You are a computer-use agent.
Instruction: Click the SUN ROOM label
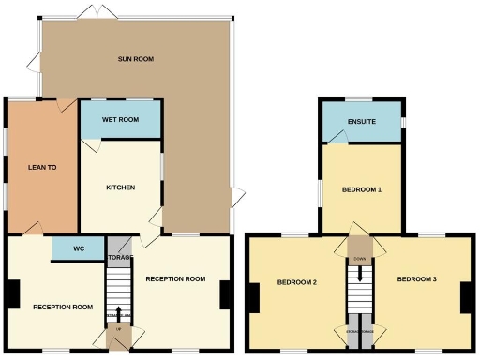[x=136, y=59]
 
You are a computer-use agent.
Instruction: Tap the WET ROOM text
[x=121, y=120]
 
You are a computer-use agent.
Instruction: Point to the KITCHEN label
[x=120, y=187]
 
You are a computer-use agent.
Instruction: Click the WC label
[x=77, y=250]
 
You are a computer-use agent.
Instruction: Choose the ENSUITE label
[x=362, y=121]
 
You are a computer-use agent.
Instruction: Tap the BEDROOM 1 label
[x=361, y=190]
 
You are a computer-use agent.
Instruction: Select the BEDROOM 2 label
[x=296, y=281]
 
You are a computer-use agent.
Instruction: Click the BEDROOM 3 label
[x=416, y=279]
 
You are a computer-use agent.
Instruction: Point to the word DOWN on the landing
[x=360, y=259]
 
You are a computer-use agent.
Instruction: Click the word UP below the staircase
[x=119, y=329]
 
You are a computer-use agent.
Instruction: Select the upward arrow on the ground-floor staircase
[x=119, y=311]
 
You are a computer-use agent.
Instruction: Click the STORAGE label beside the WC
[x=119, y=257]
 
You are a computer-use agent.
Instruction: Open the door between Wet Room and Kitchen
[x=91, y=146]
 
